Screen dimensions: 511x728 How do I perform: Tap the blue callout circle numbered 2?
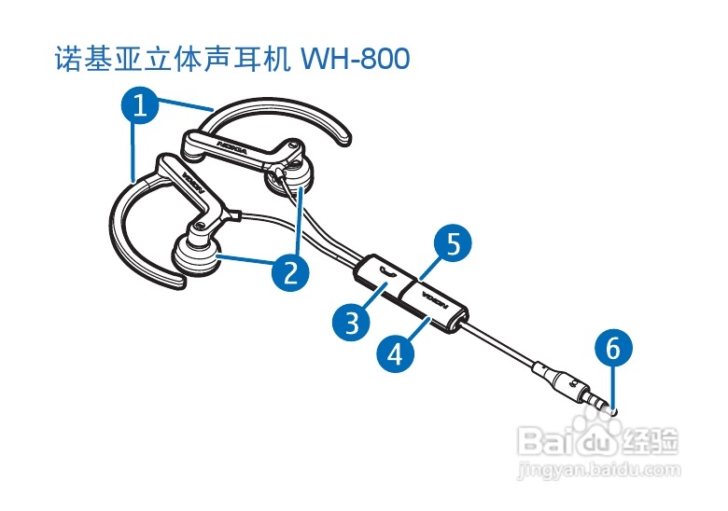(x=290, y=271)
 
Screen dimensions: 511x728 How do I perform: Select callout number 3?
(x=352, y=323)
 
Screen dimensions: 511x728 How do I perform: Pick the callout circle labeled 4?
(x=395, y=353)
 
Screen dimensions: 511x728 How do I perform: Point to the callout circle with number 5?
(x=453, y=244)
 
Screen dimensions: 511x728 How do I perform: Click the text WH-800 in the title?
(x=353, y=59)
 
